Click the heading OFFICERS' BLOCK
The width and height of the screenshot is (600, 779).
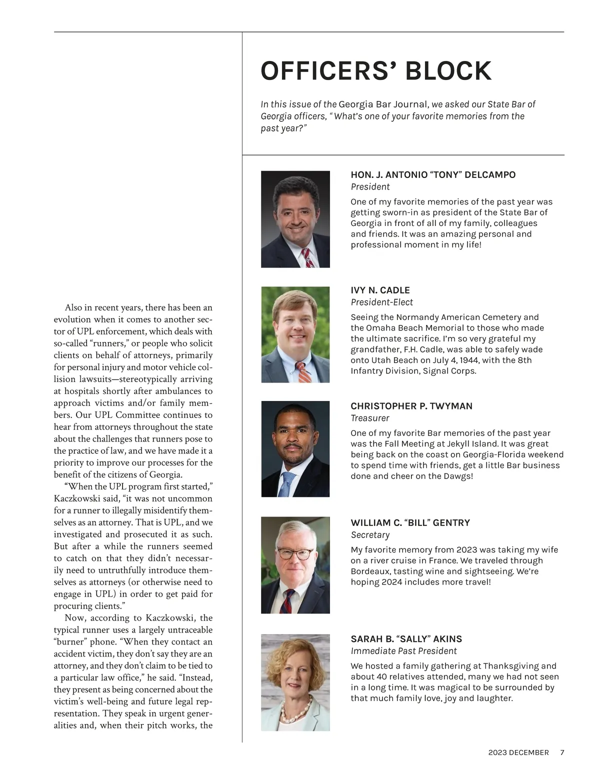[x=376, y=71]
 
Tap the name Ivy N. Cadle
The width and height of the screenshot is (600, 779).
[x=380, y=290]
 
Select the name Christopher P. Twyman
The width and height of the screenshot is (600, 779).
[x=411, y=406]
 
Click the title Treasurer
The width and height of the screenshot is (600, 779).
[x=369, y=418]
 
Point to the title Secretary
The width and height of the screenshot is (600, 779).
[x=370, y=535]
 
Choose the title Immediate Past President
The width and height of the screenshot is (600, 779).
[x=403, y=651]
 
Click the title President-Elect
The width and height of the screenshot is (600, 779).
[x=381, y=302]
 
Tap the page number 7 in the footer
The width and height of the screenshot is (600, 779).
[x=562, y=752]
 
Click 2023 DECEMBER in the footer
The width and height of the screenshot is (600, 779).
[x=518, y=752]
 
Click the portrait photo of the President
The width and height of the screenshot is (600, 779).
[x=295, y=219]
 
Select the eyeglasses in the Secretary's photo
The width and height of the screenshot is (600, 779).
[x=294, y=554]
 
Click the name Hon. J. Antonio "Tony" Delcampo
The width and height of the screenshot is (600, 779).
[x=433, y=175]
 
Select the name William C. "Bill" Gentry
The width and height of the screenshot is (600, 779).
[x=410, y=523]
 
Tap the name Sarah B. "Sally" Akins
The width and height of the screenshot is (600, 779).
[x=406, y=639]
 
